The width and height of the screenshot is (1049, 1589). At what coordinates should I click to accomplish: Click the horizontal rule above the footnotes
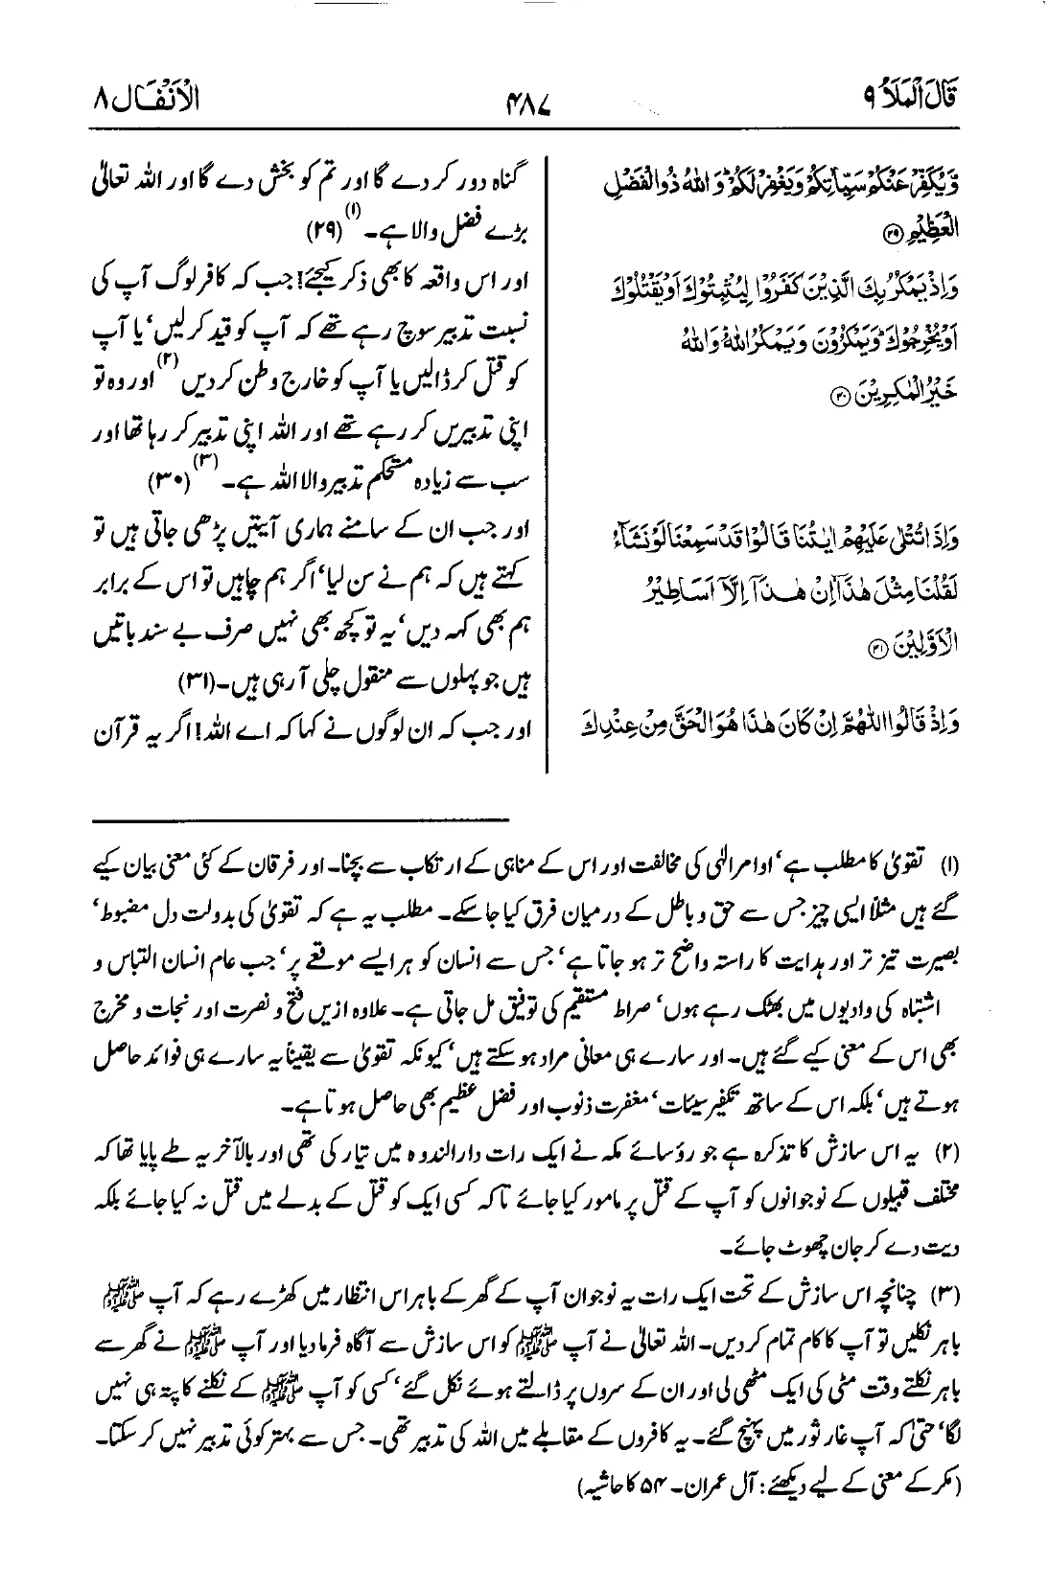pyautogui.click(x=301, y=820)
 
